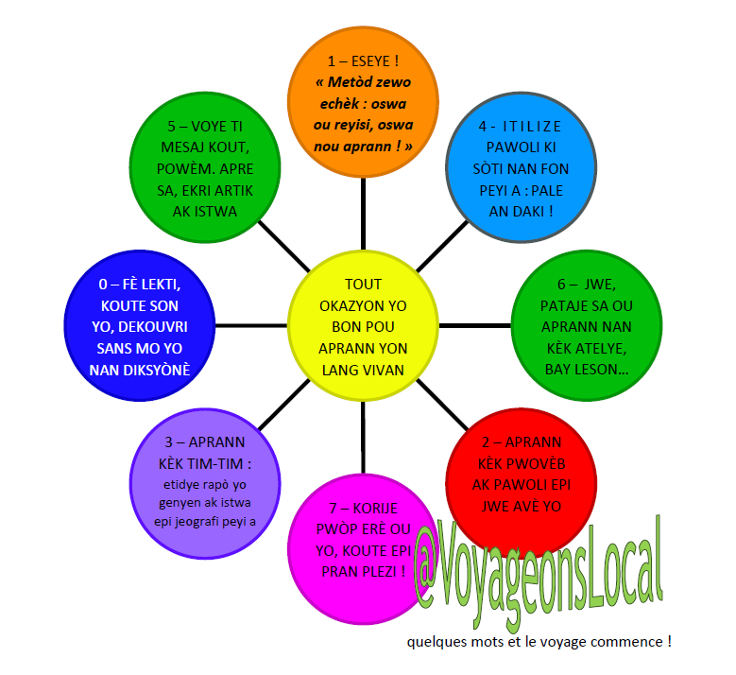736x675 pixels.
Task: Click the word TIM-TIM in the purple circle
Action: pyautogui.click(x=224, y=465)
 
